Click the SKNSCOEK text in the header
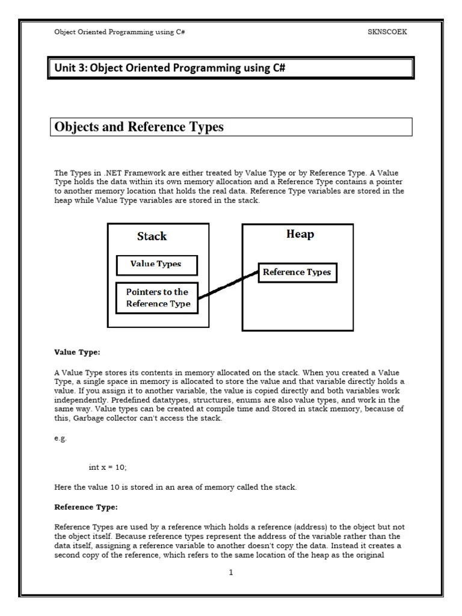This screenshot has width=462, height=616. click(x=387, y=32)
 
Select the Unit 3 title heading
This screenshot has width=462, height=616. click(x=169, y=68)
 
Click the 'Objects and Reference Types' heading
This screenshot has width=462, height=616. click(x=139, y=127)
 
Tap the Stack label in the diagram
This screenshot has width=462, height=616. click(x=152, y=236)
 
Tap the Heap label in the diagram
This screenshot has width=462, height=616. click(x=300, y=234)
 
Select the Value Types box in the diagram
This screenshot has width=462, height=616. click(x=156, y=263)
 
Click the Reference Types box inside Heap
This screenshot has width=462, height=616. click(x=297, y=273)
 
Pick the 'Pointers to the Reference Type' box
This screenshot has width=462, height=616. click(x=156, y=298)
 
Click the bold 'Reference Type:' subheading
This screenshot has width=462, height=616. click(x=83, y=507)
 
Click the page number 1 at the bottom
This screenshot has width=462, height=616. click(x=230, y=573)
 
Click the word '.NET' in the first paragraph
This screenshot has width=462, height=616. click(x=112, y=173)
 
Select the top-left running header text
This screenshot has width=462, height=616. click(x=119, y=32)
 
